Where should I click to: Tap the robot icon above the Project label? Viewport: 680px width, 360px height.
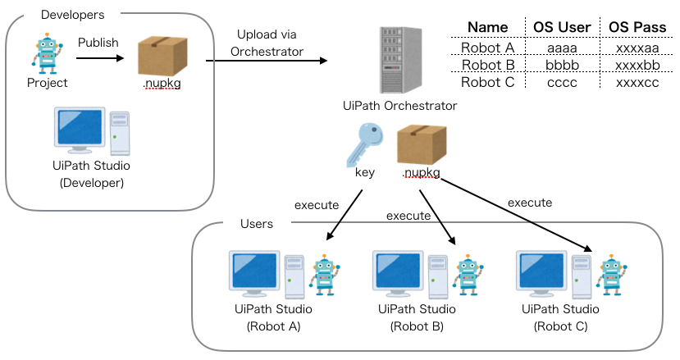click(x=46, y=53)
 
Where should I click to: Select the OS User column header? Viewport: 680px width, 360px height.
click(x=562, y=27)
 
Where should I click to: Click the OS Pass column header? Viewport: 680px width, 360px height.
click(x=637, y=27)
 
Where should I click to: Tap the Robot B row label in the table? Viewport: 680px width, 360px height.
click(x=487, y=65)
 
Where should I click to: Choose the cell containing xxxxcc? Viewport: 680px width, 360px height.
click(x=637, y=82)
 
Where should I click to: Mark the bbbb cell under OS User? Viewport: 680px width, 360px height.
click(x=562, y=65)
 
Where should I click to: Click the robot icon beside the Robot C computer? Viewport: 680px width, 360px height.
click(x=611, y=275)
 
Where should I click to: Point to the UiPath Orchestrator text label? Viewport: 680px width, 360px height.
click(x=400, y=106)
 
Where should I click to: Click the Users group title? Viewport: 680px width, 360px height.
click(x=257, y=224)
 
